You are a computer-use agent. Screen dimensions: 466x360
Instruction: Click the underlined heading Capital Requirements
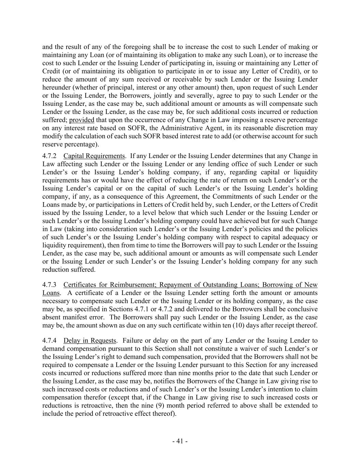tap(94, 156)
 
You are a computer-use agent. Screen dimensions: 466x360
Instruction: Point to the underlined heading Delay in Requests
tap(90, 340)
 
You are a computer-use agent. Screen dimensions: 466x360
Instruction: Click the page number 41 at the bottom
tap(180, 441)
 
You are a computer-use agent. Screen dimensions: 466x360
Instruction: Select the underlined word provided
tap(82, 120)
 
